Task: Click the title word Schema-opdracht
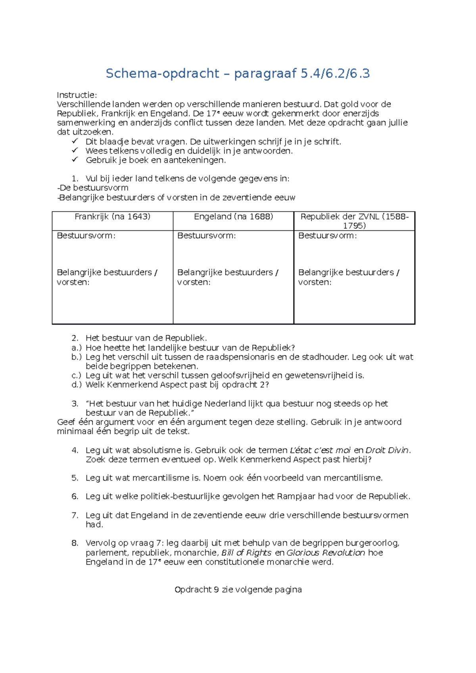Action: click(162, 73)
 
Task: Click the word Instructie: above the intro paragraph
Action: click(77, 95)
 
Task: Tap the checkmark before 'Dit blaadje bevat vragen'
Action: click(75, 141)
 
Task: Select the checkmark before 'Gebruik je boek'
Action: click(75, 160)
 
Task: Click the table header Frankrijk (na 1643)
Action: click(112, 217)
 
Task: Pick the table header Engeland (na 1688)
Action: click(233, 217)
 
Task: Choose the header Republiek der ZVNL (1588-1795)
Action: click(354, 221)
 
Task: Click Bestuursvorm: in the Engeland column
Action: click(206, 236)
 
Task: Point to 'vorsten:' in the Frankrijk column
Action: click(73, 283)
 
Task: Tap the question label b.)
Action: click(77, 357)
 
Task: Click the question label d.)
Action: click(77, 385)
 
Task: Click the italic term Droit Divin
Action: click(387, 450)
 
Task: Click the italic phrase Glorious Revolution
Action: click(326, 553)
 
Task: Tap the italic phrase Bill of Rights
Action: click(246, 553)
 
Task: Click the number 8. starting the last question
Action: click(75, 543)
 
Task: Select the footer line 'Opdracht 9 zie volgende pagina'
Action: click(238, 590)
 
